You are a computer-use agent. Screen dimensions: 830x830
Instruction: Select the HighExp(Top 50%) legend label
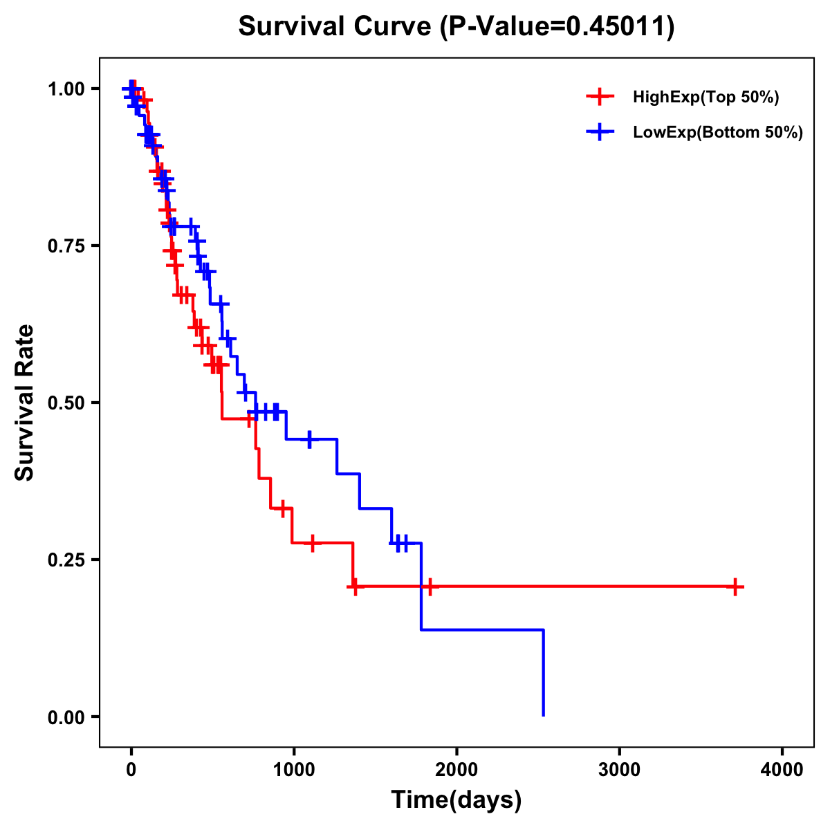coord(706,98)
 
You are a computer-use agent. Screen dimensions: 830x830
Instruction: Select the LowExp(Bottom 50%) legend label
coord(718,133)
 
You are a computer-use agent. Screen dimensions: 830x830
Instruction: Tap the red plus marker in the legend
coord(600,98)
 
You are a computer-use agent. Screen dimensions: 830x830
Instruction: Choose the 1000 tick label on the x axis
coord(294,770)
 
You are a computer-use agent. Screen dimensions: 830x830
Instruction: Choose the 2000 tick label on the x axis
coord(456,770)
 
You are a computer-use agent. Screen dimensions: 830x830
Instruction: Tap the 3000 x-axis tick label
coord(620,770)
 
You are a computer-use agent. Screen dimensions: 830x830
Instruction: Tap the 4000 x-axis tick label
coord(782,770)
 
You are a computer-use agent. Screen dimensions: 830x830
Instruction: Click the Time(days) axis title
coord(456,800)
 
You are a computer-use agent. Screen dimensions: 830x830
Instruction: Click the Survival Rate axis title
coord(25,403)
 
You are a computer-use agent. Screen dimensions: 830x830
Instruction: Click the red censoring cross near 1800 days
coord(430,587)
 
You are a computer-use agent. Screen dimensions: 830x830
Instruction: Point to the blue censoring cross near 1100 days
coord(309,439)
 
